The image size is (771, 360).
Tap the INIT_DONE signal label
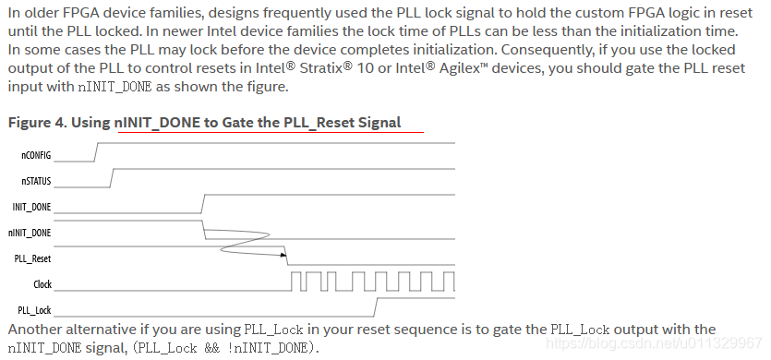[33, 207]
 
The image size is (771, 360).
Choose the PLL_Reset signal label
[34, 258]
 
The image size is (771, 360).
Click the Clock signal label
[42, 284]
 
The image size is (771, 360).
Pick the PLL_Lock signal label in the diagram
[35, 310]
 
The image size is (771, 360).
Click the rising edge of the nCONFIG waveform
[95, 152]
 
